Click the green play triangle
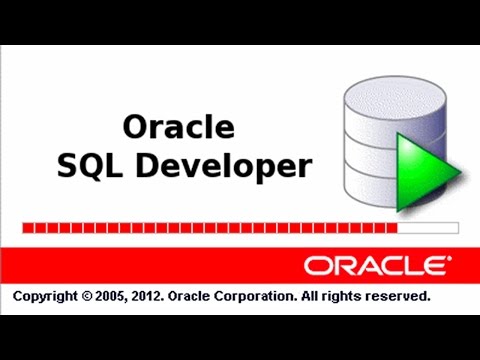pos(424,171)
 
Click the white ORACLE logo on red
pos(376,265)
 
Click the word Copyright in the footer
pos(45,297)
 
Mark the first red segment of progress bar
pos(26,228)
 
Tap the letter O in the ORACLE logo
pos(318,265)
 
